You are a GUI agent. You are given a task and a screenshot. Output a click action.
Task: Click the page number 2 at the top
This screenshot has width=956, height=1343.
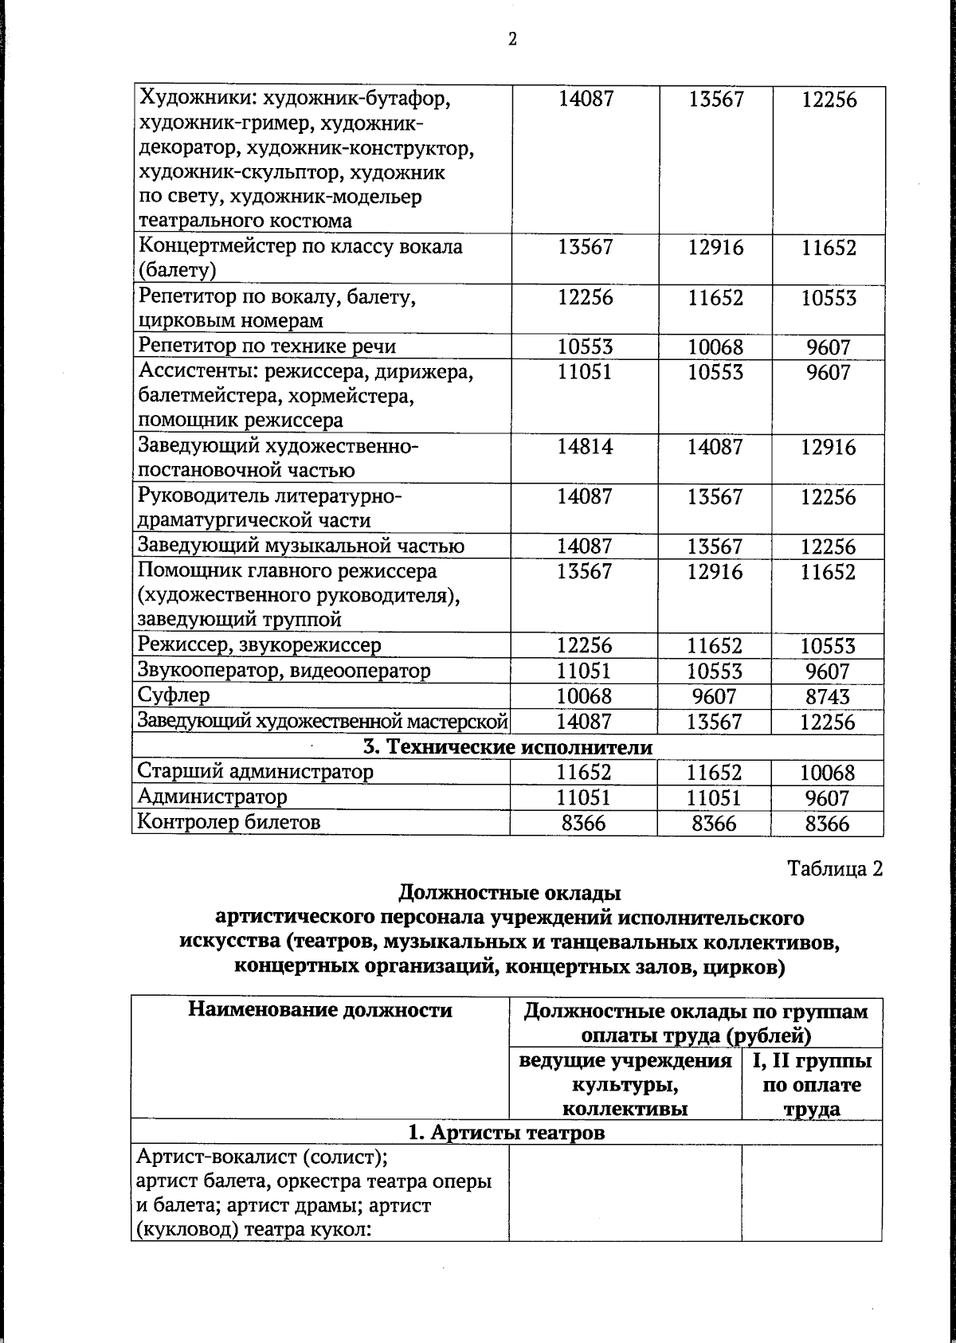(512, 39)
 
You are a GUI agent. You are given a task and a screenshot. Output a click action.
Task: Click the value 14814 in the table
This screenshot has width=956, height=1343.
(585, 446)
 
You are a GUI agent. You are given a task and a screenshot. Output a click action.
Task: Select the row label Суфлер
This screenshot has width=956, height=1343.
(174, 695)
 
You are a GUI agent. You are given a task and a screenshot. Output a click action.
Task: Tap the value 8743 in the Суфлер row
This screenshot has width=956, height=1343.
(828, 697)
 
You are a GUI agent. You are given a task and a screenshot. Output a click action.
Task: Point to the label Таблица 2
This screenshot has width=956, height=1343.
(835, 868)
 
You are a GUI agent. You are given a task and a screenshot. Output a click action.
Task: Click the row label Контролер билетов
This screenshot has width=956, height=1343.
(229, 822)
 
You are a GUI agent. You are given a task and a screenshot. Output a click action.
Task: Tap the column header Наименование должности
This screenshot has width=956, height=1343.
(319, 1011)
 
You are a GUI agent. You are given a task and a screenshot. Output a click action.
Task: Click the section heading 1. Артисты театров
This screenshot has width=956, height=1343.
(507, 1132)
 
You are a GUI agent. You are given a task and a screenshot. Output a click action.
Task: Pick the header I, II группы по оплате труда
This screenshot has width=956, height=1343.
(812, 1084)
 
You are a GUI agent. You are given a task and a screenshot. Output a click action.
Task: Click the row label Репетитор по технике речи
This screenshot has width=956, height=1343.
(267, 347)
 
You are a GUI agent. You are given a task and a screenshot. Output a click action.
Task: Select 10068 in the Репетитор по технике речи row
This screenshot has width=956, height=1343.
(715, 347)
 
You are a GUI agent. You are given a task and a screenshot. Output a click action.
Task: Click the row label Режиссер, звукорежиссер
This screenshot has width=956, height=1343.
(260, 645)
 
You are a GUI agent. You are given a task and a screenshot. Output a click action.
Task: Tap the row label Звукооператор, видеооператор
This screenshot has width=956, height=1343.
(284, 671)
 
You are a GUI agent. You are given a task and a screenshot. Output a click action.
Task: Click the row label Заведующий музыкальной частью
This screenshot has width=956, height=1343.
(301, 546)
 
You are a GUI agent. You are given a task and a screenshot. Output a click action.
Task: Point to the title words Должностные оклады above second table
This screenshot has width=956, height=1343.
(509, 892)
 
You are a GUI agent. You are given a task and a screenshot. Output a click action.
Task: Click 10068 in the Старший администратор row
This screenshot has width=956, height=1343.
(828, 773)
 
